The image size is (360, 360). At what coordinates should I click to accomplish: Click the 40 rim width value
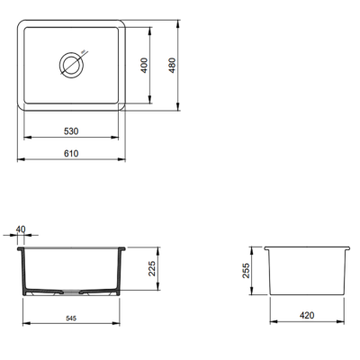tap(21, 229)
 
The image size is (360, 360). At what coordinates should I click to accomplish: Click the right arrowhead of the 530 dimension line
tap(123, 139)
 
